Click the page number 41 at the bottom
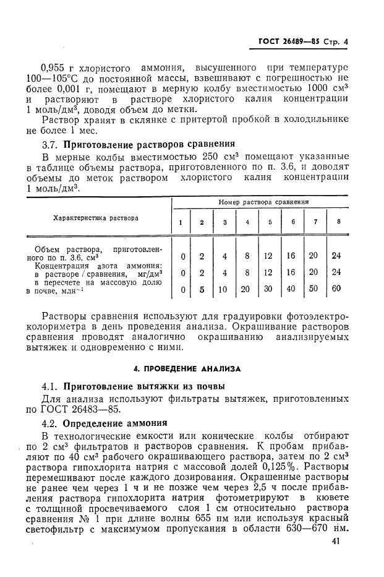pyautogui.click(x=336, y=542)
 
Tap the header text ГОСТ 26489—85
pyautogui.click(x=288, y=43)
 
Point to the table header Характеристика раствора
pyautogui.click(x=96, y=218)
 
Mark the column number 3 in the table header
pyautogui.click(x=224, y=222)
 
